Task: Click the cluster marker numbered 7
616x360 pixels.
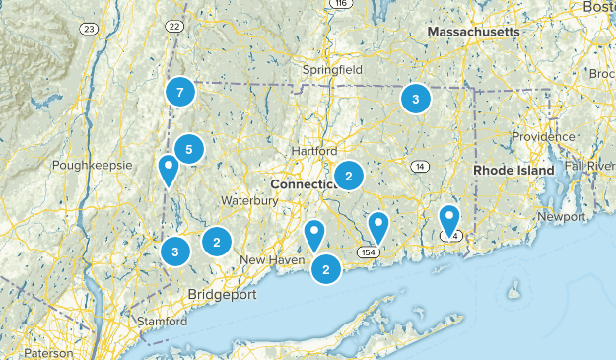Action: [179, 93]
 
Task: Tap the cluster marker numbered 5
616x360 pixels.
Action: [188, 150]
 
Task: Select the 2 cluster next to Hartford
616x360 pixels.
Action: [348, 177]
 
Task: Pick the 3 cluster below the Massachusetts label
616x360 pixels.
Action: [416, 99]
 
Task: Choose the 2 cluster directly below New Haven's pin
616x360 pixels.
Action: [326, 267]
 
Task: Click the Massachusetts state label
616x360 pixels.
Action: [472, 33]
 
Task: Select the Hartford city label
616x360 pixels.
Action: [314, 151]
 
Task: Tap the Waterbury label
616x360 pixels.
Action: [249, 200]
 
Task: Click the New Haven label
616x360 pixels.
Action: [268, 259]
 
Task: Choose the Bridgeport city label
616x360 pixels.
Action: [223, 295]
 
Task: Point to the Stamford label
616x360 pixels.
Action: [163, 322]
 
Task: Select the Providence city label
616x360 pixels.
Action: [541, 135]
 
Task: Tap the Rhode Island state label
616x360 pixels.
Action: [513, 171]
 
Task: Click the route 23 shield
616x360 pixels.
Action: [88, 30]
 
